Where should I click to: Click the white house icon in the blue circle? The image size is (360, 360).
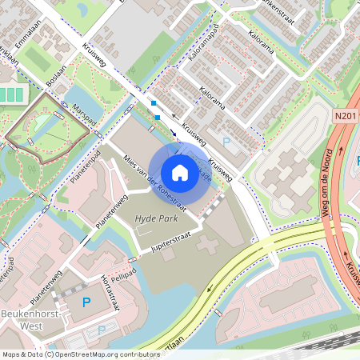180,172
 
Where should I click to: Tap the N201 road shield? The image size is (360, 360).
345,117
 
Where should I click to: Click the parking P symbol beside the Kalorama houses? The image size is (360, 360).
226,141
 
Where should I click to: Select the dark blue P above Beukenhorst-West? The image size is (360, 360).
86,302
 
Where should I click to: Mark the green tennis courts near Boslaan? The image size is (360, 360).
11,94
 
